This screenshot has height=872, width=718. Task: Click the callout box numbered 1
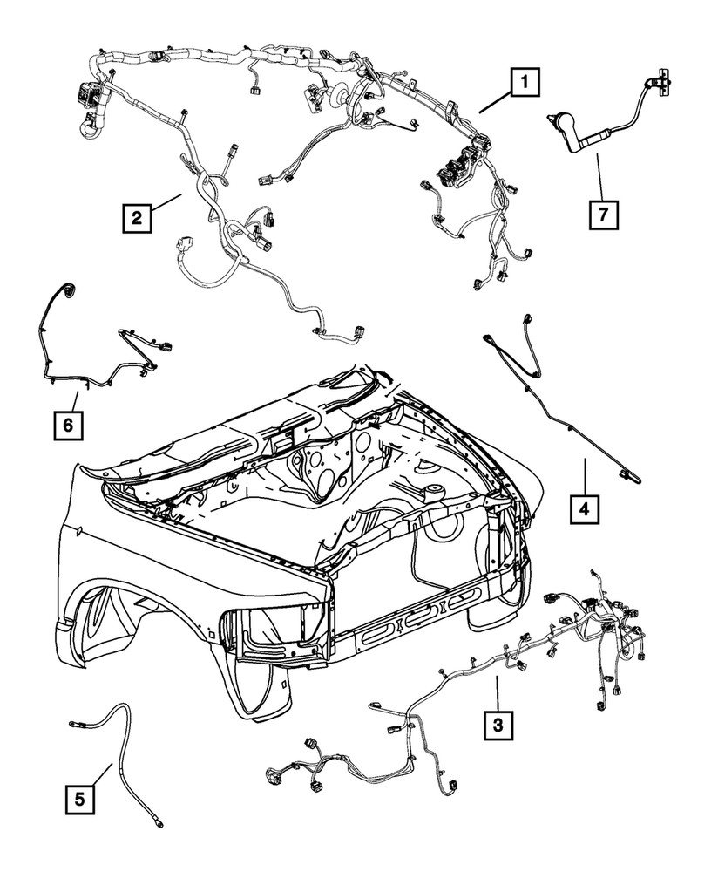(525, 85)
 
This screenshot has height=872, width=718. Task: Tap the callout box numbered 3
(498, 723)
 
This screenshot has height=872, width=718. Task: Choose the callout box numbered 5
(80, 798)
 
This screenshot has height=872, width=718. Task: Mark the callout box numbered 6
(66, 425)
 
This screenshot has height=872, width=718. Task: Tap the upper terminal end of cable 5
(76, 723)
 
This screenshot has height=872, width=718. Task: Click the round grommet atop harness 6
(67, 289)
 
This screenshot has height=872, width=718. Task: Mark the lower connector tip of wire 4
(629, 475)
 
